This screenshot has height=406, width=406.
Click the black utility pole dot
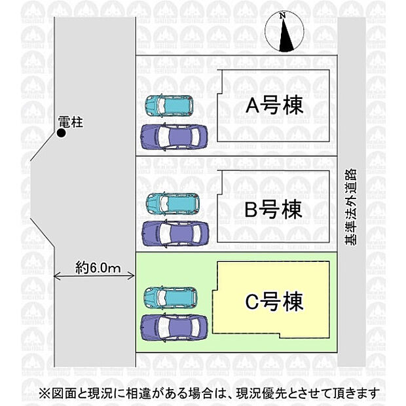pos(62,133)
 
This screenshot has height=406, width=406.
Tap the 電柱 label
pos(71,122)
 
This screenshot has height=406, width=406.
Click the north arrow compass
pos(285,32)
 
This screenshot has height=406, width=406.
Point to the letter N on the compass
pos(282,16)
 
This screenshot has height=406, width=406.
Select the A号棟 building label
pos(274,105)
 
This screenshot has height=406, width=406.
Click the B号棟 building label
pos(274,209)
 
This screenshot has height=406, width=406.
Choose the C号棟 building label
pos(274,301)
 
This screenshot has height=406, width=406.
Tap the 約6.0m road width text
pos(98,267)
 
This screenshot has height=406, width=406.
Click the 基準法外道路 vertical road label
pos(351,207)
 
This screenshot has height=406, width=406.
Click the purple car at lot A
pos(174,137)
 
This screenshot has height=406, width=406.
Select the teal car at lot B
pos(173,204)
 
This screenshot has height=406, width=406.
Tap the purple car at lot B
pos(175,233)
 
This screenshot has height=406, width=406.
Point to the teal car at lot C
pos(171,297)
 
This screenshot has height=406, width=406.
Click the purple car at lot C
pos(174,327)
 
